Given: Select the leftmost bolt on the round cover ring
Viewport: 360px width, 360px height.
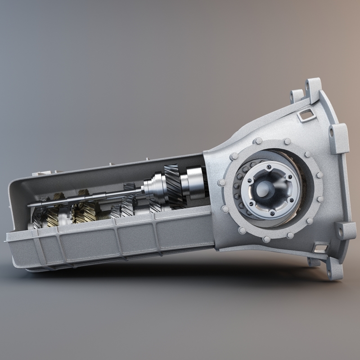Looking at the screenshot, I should (x=221, y=183).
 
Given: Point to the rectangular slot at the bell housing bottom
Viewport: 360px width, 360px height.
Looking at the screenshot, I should (x=320, y=247).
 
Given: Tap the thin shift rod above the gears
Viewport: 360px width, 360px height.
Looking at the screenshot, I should (x=81, y=201).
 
